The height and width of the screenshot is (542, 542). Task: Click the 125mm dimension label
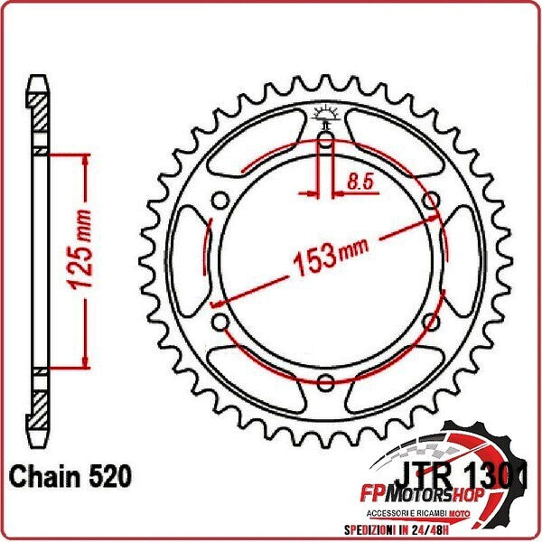(79, 261)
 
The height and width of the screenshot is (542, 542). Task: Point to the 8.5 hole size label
(360, 181)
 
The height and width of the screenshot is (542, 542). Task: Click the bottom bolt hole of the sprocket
(324, 382)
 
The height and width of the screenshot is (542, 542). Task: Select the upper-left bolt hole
(220, 201)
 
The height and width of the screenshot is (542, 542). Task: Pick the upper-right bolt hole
(430, 201)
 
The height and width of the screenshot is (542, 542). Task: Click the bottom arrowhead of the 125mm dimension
(86, 362)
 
